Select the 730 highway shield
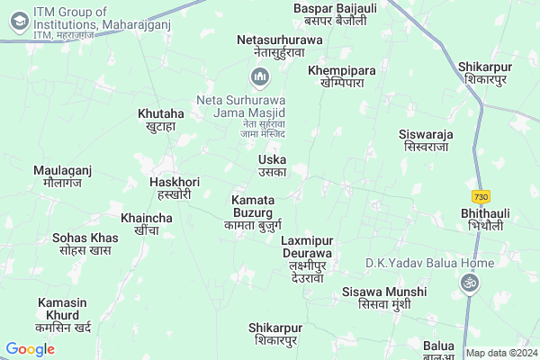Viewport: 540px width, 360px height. [481, 196]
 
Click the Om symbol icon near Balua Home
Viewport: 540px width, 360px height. [466, 283]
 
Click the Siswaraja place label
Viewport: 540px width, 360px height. [427, 139]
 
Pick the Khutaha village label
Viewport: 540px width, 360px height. [161, 120]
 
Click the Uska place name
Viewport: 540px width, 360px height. [272, 166]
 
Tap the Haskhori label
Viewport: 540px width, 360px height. [169, 187]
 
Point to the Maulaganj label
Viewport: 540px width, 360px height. [63, 175]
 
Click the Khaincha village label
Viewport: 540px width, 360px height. [146, 224]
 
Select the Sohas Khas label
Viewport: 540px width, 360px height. [85, 244]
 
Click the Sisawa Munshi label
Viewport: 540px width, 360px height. [377, 298]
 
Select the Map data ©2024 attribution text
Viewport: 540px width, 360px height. [500, 353]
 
